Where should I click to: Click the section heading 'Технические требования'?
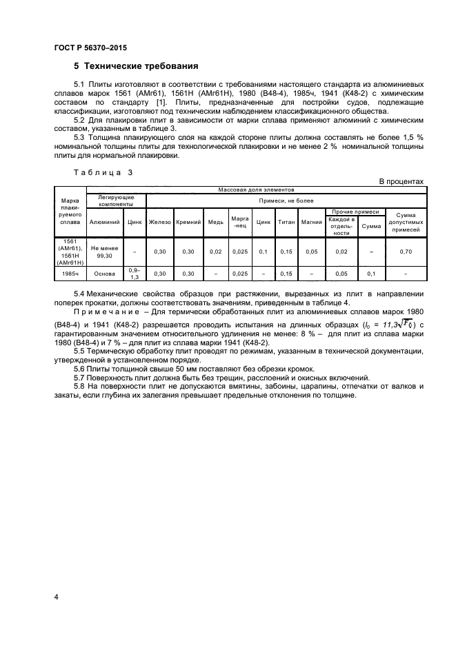coord(141,67)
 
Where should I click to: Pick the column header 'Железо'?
coord(159,223)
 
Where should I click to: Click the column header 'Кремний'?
coord(188,223)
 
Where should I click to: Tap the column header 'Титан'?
coord(286,223)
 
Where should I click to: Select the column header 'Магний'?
coord(312,223)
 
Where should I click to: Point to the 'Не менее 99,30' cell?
coord(104,252)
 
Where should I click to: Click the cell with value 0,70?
coord(405,252)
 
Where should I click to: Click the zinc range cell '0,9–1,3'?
coord(135,274)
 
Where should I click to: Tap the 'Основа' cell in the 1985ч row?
coord(104,274)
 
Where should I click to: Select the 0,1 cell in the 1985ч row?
coord(371,274)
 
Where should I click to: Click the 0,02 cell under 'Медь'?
coord(215,252)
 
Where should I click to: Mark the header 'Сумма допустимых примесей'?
coord(405,223)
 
